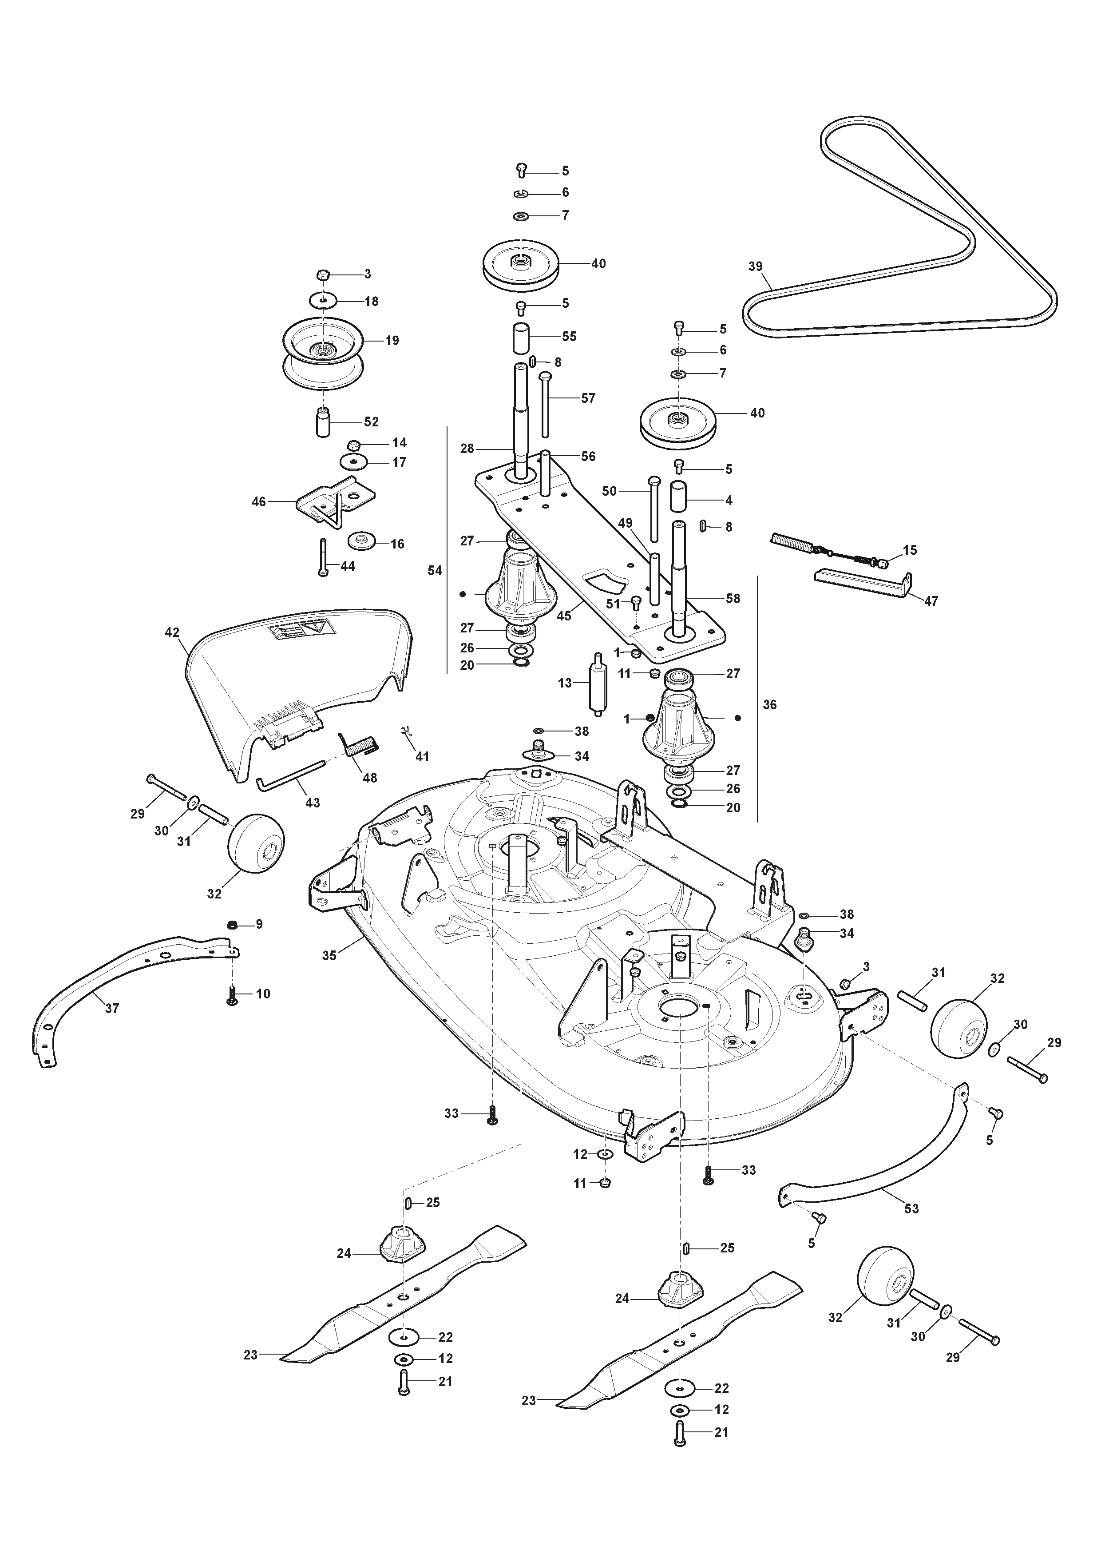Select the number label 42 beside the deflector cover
click(x=172, y=632)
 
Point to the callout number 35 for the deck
click(x=329, y=956)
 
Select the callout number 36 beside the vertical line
click(x=769, y=704)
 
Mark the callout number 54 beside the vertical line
click(x=435, y=571)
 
